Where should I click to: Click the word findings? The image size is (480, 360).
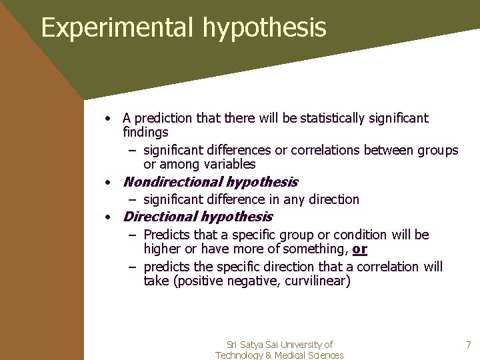146,133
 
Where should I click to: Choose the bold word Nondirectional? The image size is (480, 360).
173,182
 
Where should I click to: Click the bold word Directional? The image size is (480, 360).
160,217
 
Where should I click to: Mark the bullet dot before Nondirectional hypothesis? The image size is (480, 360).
107,182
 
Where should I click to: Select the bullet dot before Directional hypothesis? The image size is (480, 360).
107,217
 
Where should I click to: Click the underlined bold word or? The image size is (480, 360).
360,249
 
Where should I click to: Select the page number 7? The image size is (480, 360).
468,345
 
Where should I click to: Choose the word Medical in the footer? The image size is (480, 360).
291,355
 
